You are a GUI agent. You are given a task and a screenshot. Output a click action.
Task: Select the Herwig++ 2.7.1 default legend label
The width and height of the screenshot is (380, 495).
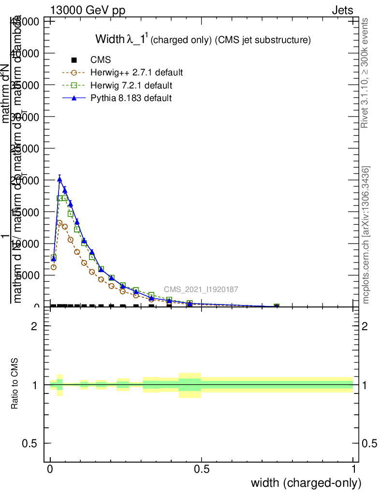coord(136,73)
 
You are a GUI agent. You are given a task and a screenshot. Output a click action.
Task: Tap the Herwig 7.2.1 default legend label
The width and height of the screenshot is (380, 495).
coord(131,86)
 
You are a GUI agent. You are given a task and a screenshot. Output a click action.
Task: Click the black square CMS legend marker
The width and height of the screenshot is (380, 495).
coord(74,60)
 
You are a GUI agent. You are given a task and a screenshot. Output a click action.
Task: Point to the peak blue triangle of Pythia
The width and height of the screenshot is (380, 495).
coord(59,179)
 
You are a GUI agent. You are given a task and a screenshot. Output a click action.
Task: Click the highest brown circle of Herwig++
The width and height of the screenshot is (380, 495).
coord(59,223)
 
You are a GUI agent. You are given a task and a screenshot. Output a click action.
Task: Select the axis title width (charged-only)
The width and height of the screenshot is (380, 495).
coord(306,483)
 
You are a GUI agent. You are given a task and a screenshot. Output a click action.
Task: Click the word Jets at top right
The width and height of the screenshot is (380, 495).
coord(342,11)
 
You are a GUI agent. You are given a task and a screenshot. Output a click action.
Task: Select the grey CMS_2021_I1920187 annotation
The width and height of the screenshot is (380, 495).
coord(201,290)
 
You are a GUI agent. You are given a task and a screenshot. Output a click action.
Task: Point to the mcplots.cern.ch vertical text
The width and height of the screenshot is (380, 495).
coord(366,235)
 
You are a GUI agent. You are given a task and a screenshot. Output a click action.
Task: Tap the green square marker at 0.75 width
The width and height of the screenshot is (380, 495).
coord(277,306)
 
